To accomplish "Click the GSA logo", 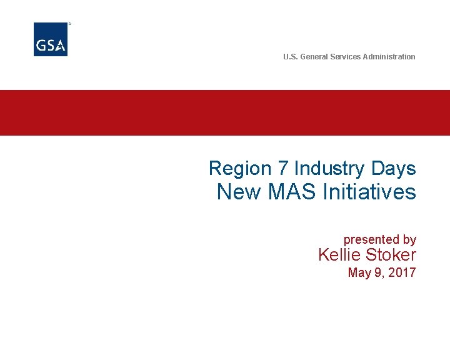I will coord(51,39).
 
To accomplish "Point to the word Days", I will coord(393,169).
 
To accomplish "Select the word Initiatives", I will coord(369,192).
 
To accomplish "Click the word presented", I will coord(371,239).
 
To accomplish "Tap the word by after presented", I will coord(409,239).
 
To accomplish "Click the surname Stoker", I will coord(391,255).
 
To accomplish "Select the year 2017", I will coord(402,272).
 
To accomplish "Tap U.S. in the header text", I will coord(291,57).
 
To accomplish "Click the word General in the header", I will coord(314,57).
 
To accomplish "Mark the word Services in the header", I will coord(346,57).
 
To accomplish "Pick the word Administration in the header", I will coord(389,57).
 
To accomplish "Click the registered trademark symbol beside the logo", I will coord(69,24).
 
